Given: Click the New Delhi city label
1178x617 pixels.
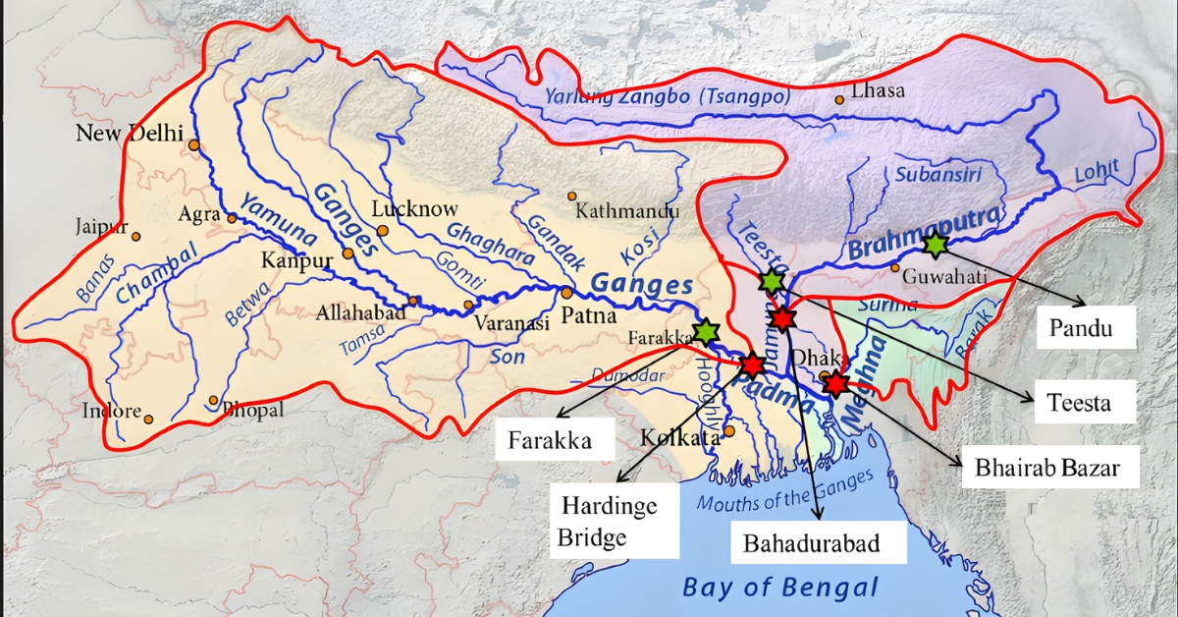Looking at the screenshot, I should pyautogui.click(x=130, y=134).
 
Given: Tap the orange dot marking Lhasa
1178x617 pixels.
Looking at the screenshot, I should pyautogui.click(x=839, y=99).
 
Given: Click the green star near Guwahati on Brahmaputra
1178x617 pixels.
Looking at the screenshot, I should pyautogui.click(x=936, y=242).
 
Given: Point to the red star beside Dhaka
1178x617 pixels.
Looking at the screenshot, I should pyautogui.click(x=835, y=383).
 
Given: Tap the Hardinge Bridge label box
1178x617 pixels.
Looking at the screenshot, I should pyautogui.click(x=609, y=522).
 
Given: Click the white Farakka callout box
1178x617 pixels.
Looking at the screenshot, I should pyautogui.click(x=550, y=439).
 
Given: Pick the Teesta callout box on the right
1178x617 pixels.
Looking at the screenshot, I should pyautogui.click(x=1078, y=402).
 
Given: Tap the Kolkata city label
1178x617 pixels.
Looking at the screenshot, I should pyautogui.click(x=680, y=437).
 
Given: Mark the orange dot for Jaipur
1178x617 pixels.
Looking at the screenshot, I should pyautogui.click(x=136, y=237).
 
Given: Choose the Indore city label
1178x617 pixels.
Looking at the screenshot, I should pyautogui.click(x=112, y=411).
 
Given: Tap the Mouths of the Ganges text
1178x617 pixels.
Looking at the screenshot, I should pyautogui.click(x=783, y=493).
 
